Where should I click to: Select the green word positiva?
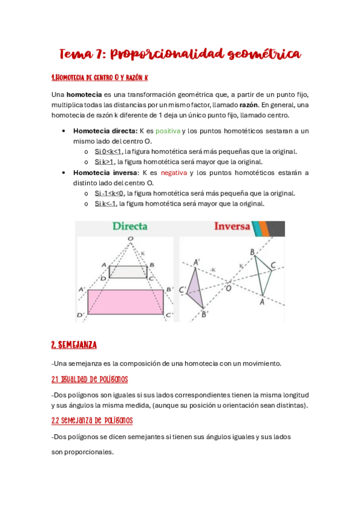pyautogui.click(x=168, y=131)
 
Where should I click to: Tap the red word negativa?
pyautogui.click(x=174, y=173)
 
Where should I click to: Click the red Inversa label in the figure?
pyautogui.click(x=232, y=227)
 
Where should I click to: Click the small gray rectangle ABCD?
pyautogui.click(x=128, y=271)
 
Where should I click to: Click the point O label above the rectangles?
pyautogui.click(x=130, y=239)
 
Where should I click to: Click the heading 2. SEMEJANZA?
pyautogui.click(x=74, y=345)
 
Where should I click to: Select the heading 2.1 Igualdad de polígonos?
pyautogui.click(x=90, y=379)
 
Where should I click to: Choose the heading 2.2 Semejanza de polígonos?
pyautogui.click(x=92, y=420)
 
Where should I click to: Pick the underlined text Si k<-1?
pyautogui.click(x=106, y=203)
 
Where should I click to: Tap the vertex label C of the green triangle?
pyautogui.click(x=273, y=265)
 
